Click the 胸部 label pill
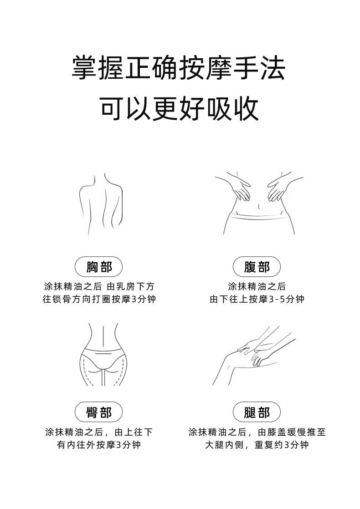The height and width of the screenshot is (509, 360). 99,267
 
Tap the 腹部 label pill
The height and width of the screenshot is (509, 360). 257,267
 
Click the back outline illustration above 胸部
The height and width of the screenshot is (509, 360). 102,204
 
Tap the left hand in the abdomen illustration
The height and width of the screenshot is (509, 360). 239,188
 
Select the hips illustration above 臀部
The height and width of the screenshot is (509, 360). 102,355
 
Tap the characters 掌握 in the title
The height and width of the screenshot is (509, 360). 98,68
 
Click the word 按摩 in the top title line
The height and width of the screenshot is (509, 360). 206,68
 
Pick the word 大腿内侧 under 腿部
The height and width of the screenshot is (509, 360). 224,445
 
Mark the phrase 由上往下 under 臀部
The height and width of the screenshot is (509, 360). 134,432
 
